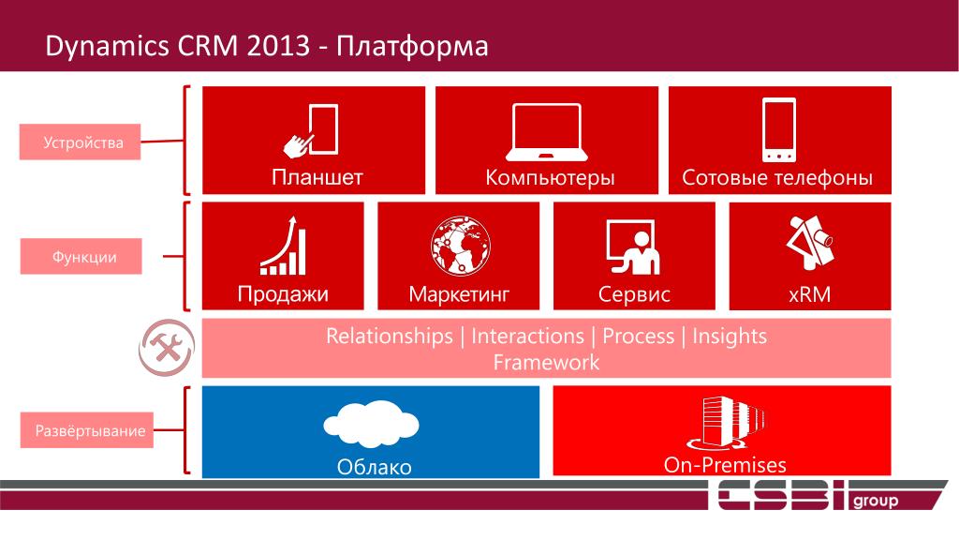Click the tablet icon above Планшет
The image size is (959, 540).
311,130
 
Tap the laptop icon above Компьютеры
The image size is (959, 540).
547,132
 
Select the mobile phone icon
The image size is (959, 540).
779,129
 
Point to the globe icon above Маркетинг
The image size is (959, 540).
460,246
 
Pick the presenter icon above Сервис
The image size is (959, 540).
633,247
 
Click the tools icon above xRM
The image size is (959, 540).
810,243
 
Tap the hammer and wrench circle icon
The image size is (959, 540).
167,347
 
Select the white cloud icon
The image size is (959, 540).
371,423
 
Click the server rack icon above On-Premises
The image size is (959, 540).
726,424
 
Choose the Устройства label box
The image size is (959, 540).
81,142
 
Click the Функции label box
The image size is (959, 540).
81,257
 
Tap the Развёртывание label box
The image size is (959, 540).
87,430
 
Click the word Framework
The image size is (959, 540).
546,363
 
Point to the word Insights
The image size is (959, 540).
729,337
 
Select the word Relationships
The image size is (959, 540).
389,337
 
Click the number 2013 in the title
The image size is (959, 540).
278,47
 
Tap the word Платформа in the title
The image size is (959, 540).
412,47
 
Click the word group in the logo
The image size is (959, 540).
876,501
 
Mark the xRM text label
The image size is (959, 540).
810,294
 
